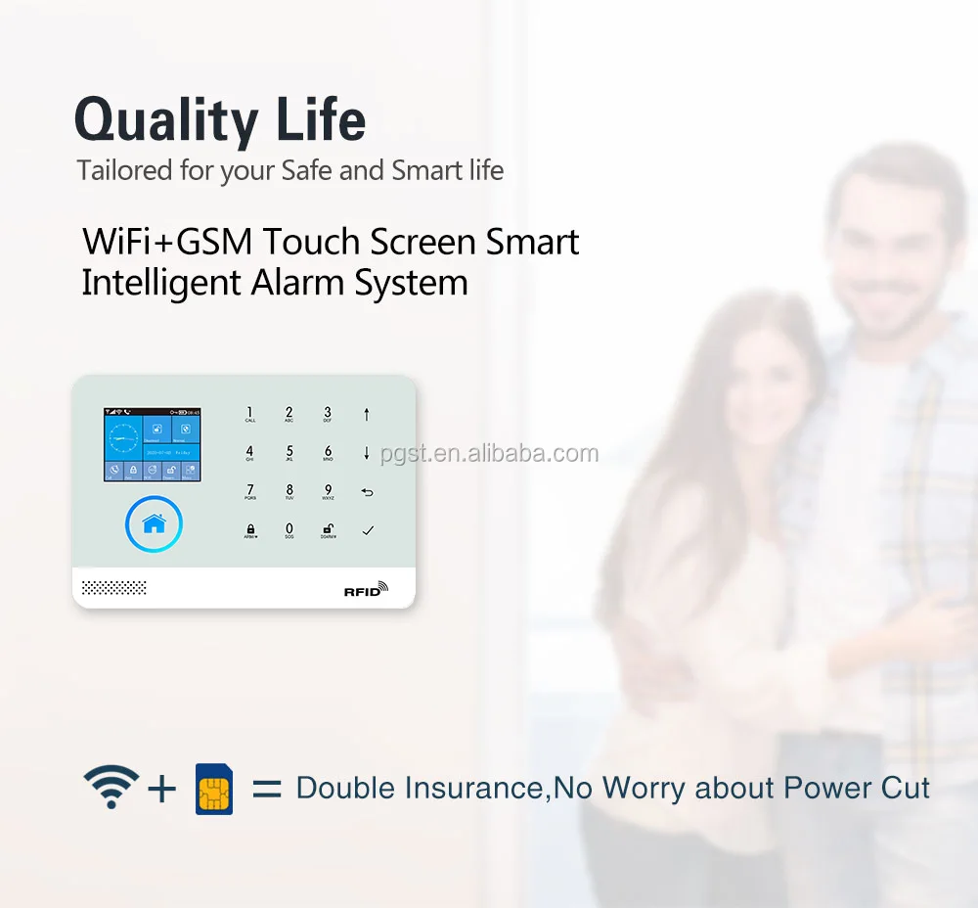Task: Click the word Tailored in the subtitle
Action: [124, 170]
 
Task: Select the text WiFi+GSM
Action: [169, 242]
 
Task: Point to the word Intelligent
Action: [160, 283]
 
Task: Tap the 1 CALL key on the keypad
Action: [250, 414]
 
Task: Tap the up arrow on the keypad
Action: [367, 414]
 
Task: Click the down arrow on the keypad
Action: [367, 453]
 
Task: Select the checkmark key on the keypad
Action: [368, 530]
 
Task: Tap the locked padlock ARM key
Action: [250, 530]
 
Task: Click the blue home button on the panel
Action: [154, 524]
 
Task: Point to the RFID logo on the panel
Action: [366, 589]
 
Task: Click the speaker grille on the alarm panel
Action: [113, 587]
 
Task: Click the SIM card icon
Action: [214, 789]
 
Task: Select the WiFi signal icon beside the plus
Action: [111, 787]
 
